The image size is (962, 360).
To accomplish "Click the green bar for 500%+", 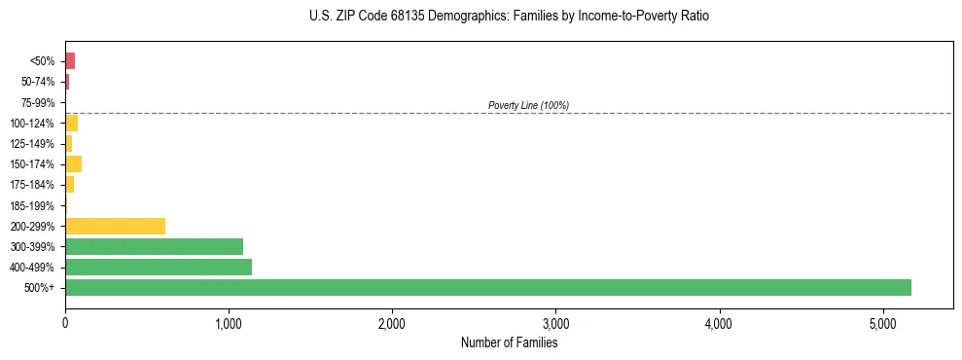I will tap(487, 287).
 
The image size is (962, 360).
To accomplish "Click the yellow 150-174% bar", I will tap(73, 163).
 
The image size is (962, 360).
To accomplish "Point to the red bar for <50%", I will tap(70, 60).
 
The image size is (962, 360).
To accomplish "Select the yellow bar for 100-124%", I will tap(71, 123).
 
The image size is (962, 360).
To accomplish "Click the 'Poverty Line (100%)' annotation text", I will tap(528, 105).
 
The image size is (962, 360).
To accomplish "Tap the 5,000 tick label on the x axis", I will tap(882, 324).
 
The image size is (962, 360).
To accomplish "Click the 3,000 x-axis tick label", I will tap(555, 324).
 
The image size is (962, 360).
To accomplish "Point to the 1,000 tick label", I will tap(229, 324).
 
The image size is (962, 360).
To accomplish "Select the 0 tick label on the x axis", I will tap(65, 324).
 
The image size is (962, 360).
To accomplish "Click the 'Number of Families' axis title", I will tap(509, 342).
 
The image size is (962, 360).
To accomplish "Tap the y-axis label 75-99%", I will tap(38, 102).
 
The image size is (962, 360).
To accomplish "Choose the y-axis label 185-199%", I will tap(33, 205).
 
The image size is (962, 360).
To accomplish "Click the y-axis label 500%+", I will tap(41, 288).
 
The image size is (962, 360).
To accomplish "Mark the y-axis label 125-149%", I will tap(33, 144).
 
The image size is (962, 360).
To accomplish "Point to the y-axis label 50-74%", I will tap(38, 82).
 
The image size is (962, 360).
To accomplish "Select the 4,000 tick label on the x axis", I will tap(719, 324).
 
